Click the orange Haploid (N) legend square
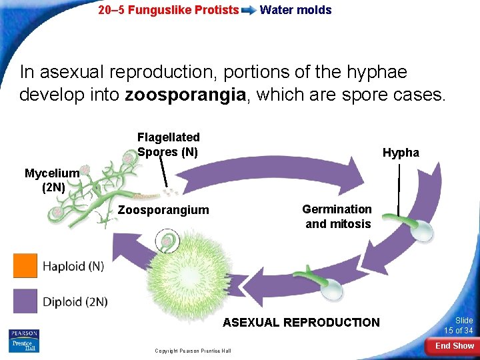[x=25, y=266]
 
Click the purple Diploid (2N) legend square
[x=25, y=301]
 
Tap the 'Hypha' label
[x=401, y=153]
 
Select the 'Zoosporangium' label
[x=163, y=210]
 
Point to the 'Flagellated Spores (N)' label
[x=168, y=144]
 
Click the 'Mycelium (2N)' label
[x=52, y=180]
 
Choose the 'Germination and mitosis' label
[x=337, y=217]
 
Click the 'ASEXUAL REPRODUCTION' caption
[x=301, y=323]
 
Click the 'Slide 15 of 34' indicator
[x=459, y=325]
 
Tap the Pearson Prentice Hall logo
[x=24, y=341]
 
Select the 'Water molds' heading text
[x=295, y=10]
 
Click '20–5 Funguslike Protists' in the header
[x=168, y=10]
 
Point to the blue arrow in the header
[x=249, y=11]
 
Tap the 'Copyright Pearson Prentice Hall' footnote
[x=193, y=351]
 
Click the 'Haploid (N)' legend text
[x=73, y=266]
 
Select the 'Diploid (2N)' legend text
[x=75, y=301]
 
